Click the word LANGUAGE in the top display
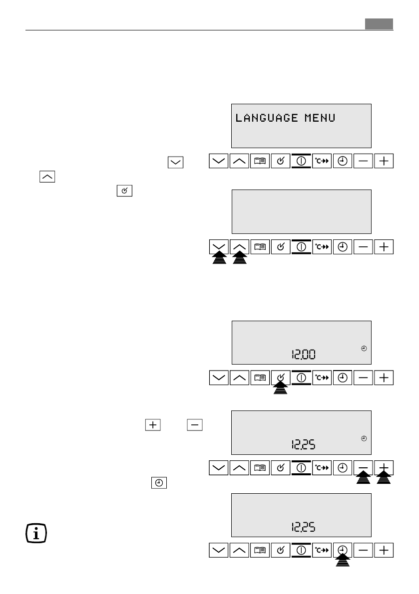268,118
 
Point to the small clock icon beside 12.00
364,348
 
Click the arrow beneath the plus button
384,480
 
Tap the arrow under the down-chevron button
219,258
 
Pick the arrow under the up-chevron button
240,258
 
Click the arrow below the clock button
342,561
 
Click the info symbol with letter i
36,533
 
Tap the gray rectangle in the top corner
378,24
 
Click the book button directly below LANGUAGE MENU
260,161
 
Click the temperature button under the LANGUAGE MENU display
322,161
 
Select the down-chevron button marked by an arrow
219,246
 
